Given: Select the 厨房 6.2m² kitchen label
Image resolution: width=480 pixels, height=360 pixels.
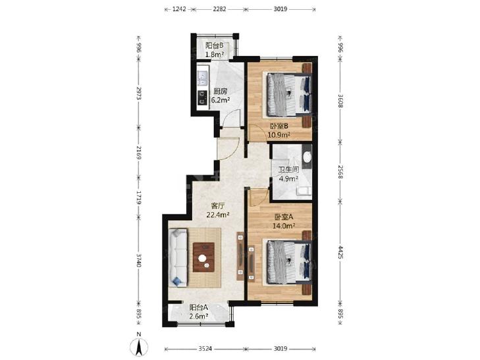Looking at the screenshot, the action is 221,95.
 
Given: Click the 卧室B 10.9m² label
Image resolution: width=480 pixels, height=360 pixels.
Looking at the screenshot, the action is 279,130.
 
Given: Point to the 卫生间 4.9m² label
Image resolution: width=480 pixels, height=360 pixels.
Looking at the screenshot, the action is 288,174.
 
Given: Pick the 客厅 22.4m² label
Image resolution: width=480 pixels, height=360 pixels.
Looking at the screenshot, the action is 218,210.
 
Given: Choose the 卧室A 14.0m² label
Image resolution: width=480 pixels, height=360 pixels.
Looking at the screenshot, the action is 284,221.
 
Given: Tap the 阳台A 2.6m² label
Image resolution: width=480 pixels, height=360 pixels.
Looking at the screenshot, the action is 199,312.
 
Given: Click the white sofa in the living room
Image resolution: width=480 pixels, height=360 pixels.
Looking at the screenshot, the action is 178,258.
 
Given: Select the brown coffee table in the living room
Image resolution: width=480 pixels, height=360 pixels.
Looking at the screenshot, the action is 204,257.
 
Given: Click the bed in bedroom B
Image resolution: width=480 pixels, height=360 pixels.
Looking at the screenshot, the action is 290,95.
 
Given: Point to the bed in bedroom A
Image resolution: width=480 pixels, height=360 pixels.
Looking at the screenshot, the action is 290,263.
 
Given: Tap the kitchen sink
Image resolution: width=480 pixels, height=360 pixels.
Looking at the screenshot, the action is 202,78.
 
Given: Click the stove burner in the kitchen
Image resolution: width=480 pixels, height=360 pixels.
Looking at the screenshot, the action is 202,97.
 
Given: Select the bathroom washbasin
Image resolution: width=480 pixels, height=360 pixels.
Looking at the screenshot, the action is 307,157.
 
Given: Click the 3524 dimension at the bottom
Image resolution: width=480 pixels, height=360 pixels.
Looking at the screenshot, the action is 205,349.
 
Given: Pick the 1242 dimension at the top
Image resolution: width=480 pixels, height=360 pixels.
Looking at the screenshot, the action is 179,9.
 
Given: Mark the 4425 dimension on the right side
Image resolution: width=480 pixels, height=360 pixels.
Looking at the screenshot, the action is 340,251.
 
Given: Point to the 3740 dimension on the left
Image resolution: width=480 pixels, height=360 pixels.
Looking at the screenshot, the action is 139,260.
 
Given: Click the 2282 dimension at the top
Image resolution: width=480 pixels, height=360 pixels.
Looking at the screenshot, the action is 219,9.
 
